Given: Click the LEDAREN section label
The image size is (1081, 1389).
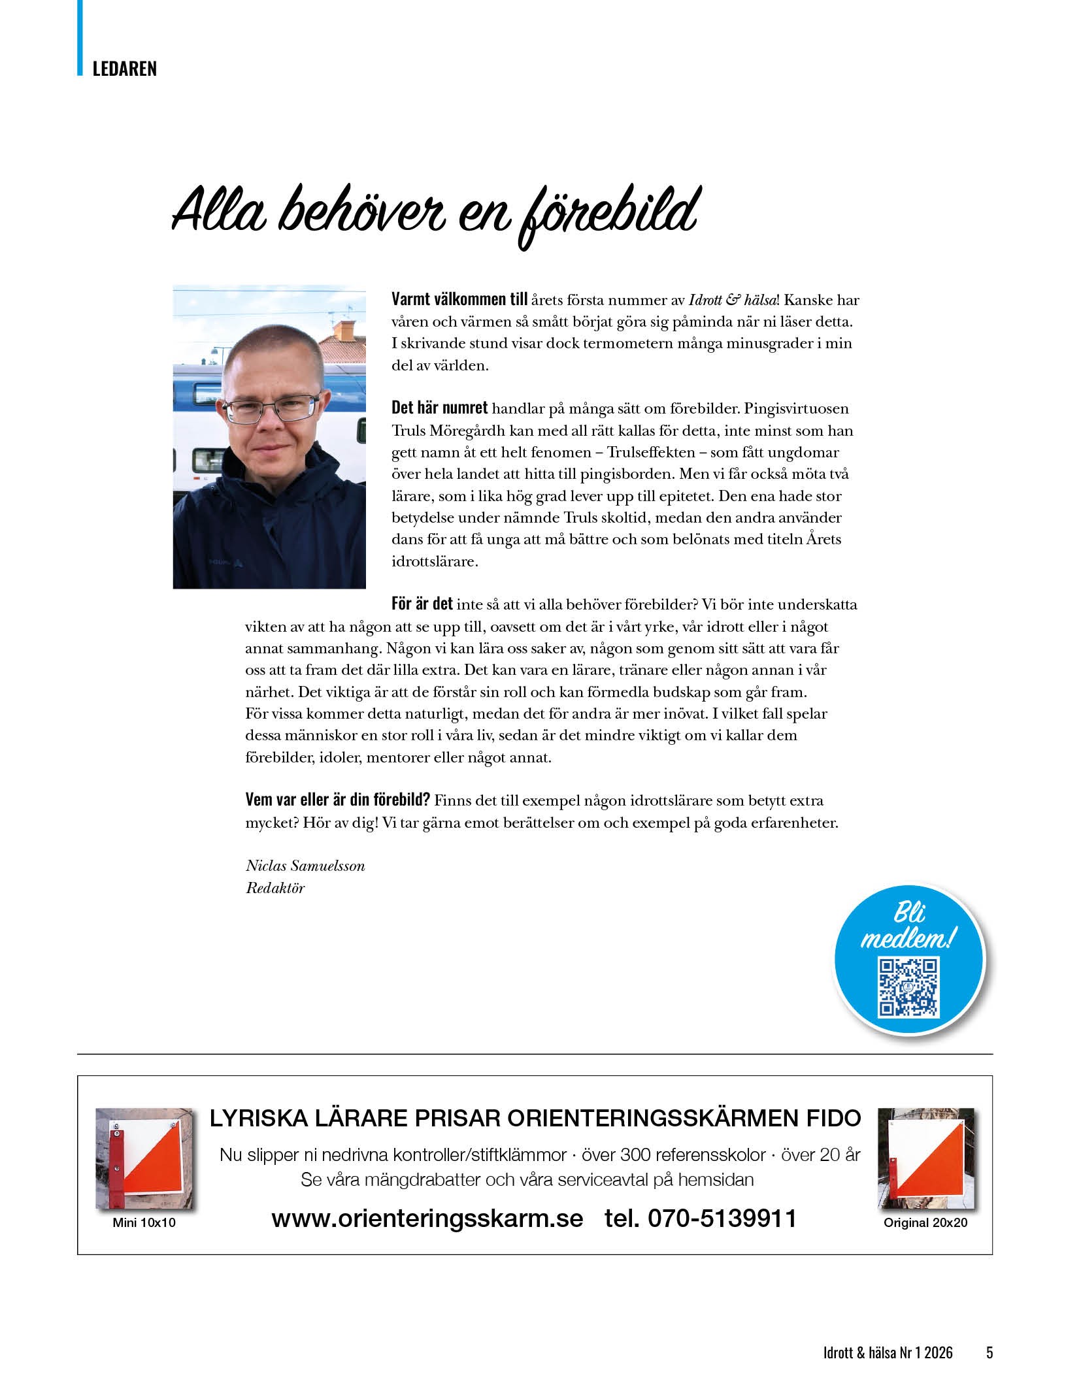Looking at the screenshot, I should coord(124,69).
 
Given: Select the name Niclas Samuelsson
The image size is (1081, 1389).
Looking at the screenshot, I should coord(305,866).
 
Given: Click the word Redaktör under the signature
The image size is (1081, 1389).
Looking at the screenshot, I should coord(275,888).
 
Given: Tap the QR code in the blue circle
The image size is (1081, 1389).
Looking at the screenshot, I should coord(908,987).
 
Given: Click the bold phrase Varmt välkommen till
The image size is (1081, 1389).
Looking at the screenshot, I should coord(459,300).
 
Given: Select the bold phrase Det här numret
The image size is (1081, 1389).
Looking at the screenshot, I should coord(439,408).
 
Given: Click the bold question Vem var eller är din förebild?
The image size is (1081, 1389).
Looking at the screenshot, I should coord(337,800).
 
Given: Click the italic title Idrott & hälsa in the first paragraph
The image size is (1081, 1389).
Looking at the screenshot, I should coord(733,301).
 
